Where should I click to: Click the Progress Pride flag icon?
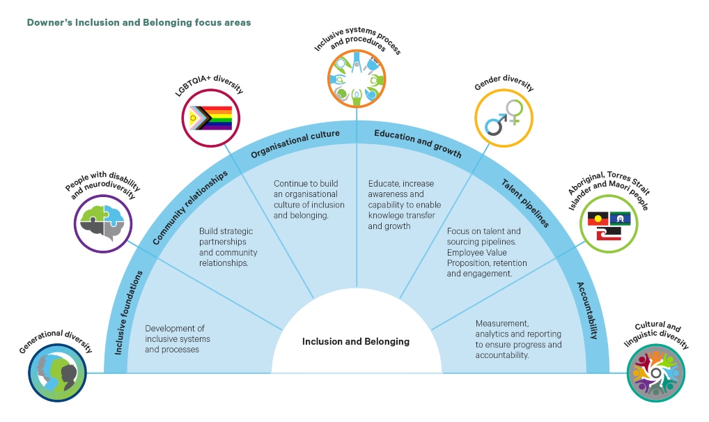(212, 118)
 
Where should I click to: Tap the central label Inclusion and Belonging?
(355, 341)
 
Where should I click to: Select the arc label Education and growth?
(417, 143)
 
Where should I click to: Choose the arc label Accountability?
(584, 310)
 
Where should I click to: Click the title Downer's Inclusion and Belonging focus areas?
(139, 22)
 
